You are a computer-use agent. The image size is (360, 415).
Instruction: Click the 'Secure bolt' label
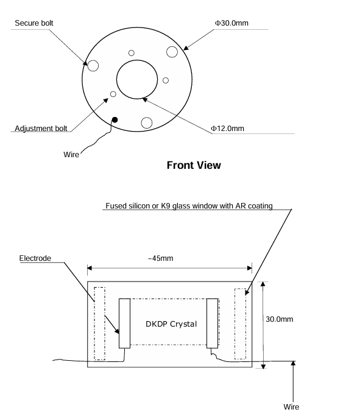coord(34,23)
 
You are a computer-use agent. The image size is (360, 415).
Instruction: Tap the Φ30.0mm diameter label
coord(231,23)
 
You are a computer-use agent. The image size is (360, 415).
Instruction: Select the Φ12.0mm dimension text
coord(227,129)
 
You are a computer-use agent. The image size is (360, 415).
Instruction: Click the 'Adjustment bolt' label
coord(41,129)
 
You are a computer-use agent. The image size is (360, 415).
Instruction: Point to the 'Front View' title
coord(194,165)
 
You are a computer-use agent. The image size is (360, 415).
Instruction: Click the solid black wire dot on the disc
coord(115,120)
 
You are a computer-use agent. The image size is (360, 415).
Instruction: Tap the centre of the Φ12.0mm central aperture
coord(137,79)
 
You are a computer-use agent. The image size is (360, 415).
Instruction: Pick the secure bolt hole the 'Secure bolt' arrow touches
coord(93,66)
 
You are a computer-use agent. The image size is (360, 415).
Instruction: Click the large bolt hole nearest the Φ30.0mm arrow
coord(172,52)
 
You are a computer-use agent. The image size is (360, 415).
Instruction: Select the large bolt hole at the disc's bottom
coord(147,123)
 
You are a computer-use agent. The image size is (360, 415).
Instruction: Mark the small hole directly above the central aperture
coord(131,53)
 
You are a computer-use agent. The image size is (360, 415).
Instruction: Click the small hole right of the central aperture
coord(166,80)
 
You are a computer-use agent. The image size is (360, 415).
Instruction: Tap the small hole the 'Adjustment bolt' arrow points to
coord(113,94)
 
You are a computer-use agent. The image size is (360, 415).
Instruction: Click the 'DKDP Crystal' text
coord(171,324)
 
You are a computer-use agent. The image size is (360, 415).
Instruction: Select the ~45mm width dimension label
coord(161,258)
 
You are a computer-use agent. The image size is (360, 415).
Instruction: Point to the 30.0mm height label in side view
coord(280,319)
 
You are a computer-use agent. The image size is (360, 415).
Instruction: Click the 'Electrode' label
coord(35,258)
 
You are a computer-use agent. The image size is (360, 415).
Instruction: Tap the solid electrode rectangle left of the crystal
coord(124,324)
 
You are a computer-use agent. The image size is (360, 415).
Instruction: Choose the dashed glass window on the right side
coord(240,324)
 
